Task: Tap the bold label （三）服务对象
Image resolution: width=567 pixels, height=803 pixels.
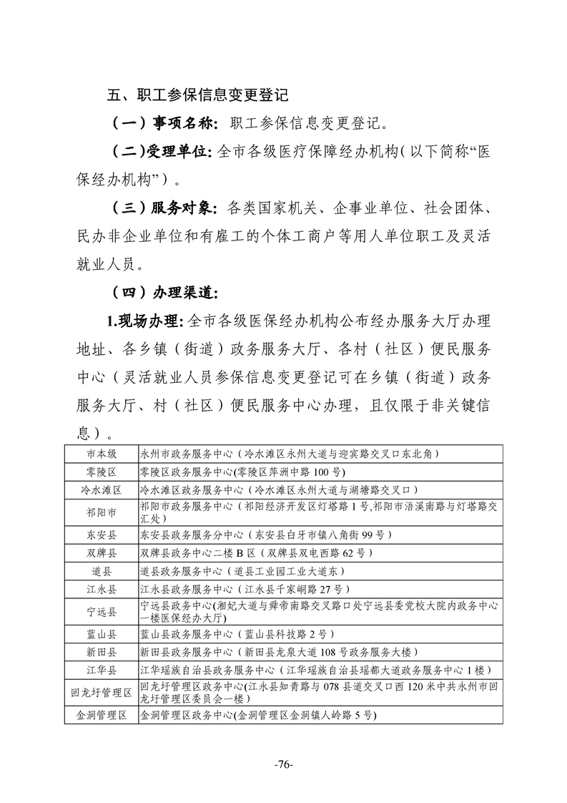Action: [163, 208]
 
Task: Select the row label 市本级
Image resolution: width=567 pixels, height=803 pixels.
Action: [102, 454]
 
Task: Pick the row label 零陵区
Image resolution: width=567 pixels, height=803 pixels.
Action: [102, 472]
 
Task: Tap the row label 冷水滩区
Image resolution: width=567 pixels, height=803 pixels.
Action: [102, 490]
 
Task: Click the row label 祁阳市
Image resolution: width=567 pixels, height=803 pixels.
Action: [102, 513]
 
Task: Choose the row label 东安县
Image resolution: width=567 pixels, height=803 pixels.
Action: [102, 535]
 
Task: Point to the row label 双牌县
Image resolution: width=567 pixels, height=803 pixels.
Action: [102, 553]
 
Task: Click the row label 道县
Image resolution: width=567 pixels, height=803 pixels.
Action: [102, 571]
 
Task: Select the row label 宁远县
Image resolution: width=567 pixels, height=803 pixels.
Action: [102, 611]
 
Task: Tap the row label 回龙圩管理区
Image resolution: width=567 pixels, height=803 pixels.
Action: [102, 692]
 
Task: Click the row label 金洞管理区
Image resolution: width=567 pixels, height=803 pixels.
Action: [102, 715]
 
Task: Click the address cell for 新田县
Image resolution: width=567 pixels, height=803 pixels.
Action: [279, 652]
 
